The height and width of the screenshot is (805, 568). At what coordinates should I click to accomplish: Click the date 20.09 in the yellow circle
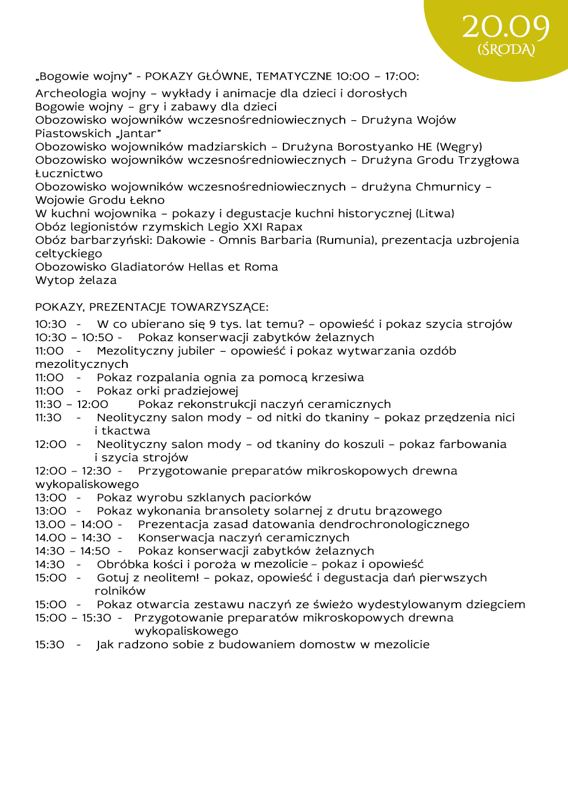click(506, 27)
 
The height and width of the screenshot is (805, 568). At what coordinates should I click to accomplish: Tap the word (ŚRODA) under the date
click(506, 50)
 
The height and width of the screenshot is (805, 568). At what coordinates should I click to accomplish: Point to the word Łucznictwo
click(69, 173)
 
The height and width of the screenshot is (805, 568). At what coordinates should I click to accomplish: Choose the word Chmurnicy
click(448, 187)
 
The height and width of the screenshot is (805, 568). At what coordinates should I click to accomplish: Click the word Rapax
click(284, 227)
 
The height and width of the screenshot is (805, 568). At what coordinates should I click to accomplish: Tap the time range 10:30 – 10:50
click(74, 338)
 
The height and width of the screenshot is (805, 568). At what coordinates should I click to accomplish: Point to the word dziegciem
click(495, 605)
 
